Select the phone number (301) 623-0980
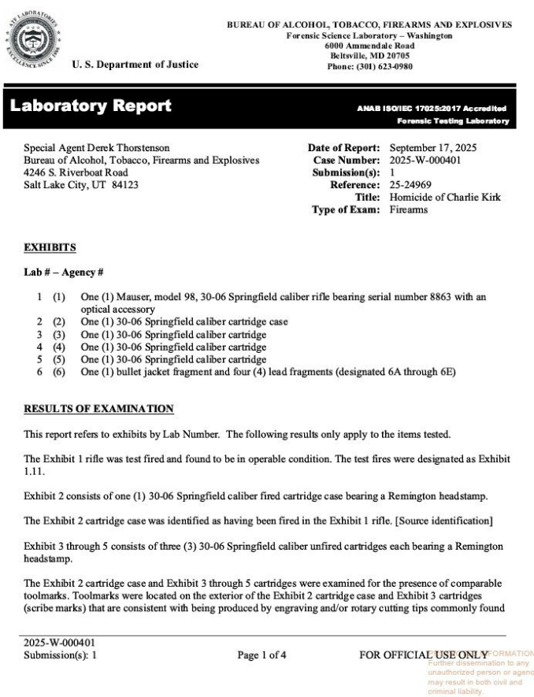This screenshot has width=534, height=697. point(369,66)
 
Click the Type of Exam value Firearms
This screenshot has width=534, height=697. point(409,209)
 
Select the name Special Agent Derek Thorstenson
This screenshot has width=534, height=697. point(96,148)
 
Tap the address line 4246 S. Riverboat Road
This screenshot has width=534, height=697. point(76,172)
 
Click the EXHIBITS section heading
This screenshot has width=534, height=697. point(50,247)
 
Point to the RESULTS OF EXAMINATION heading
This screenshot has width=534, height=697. point(98,409)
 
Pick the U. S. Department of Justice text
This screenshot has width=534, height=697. point(135,65)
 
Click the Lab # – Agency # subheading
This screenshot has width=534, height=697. point(65,272)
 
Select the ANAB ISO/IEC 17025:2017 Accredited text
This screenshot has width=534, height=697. point(432,108)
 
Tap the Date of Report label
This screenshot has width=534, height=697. point(343,148)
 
